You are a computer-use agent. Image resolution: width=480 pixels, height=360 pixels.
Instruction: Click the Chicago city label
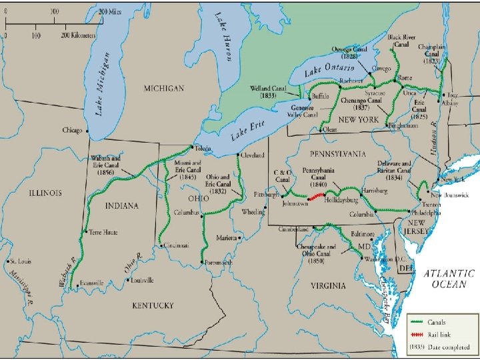tap(71, 130)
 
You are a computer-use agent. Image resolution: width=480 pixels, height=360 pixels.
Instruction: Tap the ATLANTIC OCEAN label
tap(449, 279)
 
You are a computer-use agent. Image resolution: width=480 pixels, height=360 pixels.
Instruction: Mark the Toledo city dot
tap(191, 148)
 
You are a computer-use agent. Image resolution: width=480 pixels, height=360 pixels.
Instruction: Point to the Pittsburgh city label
tap(265, 195)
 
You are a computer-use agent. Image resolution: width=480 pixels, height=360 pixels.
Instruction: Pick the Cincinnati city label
tap(175, 245)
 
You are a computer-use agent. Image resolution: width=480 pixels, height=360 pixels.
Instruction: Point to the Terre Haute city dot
tap(85, 232)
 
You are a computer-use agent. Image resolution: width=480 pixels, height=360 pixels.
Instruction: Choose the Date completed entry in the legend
tap(447, 348)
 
